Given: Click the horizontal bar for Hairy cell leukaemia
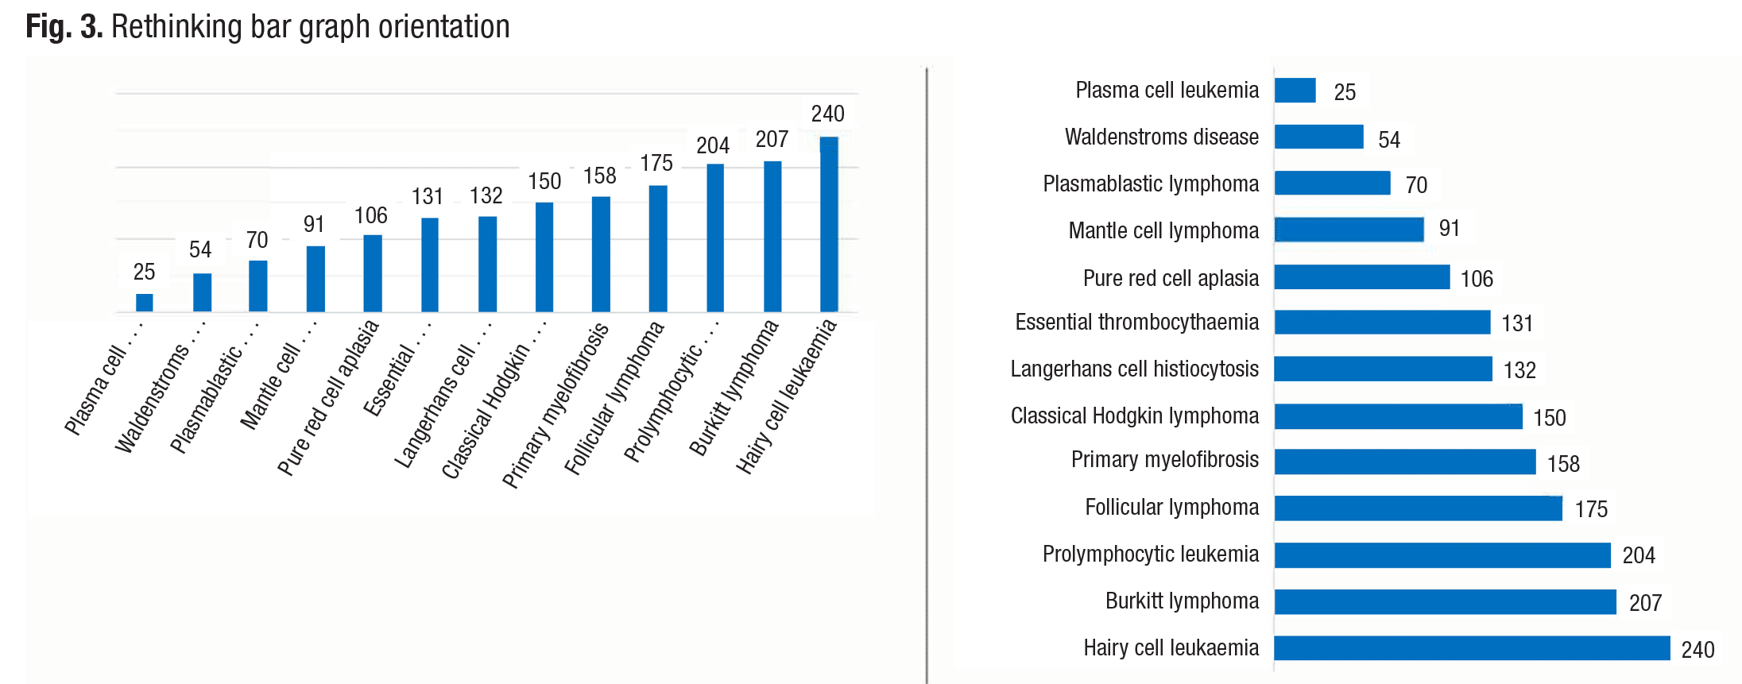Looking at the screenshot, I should point(1471,648).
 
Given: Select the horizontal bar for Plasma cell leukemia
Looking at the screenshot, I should point(1295,91).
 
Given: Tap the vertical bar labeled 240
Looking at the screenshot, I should point(829,224).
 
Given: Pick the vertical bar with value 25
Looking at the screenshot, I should point(145,303).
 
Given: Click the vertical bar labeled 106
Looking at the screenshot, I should point(373,273).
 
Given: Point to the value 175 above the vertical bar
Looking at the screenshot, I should point(656,164).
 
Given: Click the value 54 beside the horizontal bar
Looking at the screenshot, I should point(1388,140).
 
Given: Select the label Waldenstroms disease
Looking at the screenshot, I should point(1161,137).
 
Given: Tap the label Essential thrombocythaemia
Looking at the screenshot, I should point(1136,323).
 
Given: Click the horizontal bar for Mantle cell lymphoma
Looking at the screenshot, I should point(1349,230).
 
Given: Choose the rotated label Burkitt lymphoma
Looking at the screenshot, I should point(733,388).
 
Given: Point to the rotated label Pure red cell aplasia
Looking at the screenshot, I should point(327,398).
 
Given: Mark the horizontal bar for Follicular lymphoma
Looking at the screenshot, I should point(1418,508).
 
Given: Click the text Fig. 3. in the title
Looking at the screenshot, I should point(64,27).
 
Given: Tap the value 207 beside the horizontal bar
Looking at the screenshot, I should point(1645,603).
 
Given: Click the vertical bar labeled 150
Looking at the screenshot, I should point(544,257).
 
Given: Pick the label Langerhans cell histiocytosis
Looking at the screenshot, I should point(1134,369).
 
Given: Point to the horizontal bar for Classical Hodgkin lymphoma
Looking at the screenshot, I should point(1398,416).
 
